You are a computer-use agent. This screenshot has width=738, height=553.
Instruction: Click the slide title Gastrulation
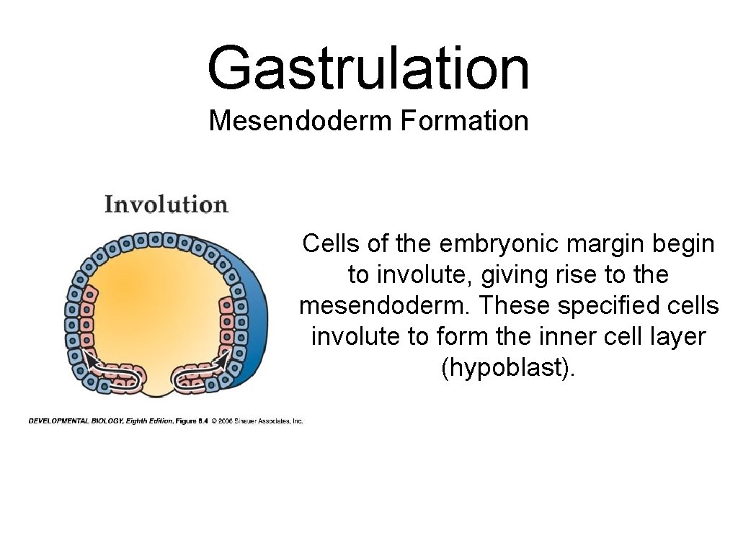[368, 68]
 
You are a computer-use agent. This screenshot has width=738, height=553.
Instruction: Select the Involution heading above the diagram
[166, 204]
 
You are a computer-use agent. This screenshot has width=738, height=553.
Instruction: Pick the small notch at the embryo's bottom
[160, 392]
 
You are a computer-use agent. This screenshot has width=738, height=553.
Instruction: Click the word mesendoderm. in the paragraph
[386, 305]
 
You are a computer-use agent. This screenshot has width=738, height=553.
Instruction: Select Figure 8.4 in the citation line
[191, 421]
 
